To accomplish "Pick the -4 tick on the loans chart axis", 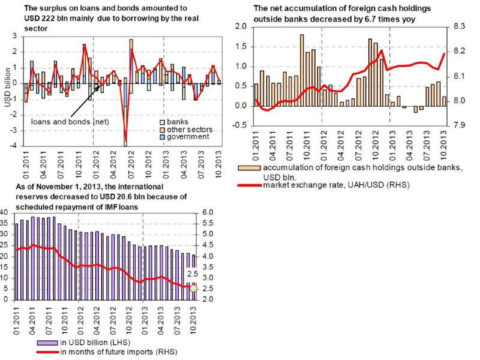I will (14, 146).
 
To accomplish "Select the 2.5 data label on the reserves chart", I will (193, 274).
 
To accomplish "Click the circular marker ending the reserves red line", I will (193, 289).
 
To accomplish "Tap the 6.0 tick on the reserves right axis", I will (208, 212).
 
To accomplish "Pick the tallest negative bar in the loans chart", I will (125, 126).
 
